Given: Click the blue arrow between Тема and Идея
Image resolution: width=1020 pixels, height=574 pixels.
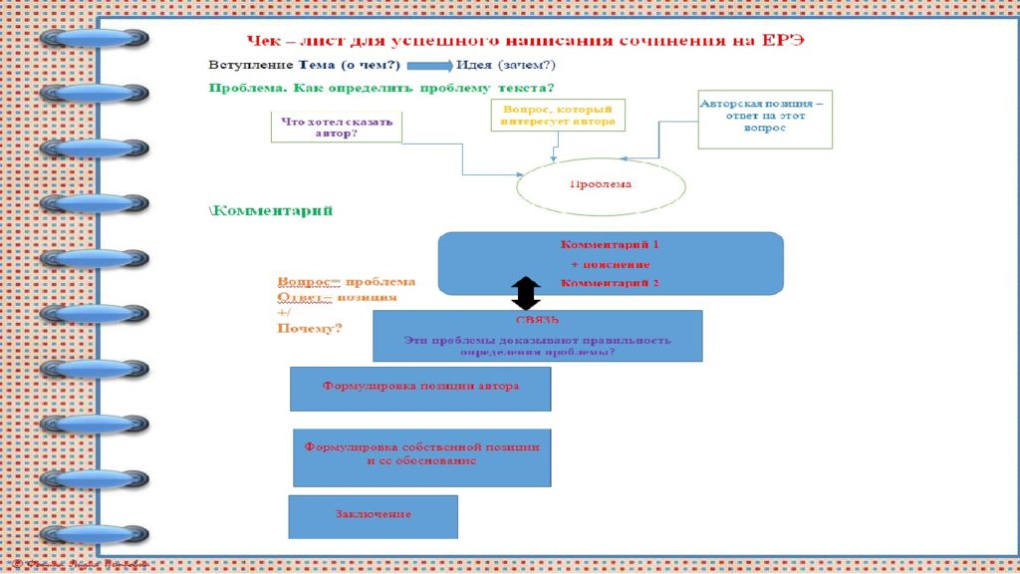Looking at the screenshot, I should tap(428, 66).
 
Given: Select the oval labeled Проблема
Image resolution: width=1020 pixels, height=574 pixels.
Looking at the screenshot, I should tap(601, 184).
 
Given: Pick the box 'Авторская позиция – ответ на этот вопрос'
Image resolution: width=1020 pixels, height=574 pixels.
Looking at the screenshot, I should tap(764, 120).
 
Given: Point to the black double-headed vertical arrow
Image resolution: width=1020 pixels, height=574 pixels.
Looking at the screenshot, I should tap(526, 293).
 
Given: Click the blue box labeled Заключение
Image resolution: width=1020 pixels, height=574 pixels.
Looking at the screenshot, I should tap(373, 515).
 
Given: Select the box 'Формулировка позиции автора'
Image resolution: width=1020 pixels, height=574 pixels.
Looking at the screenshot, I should tap(420, 388).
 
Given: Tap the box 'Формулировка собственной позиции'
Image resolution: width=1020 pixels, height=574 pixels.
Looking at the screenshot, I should tap(422, 457).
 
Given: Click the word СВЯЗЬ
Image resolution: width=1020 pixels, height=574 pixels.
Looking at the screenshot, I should tap(538, 321).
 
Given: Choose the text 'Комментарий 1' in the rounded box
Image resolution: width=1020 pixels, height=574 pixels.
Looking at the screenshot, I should tap(610, 244).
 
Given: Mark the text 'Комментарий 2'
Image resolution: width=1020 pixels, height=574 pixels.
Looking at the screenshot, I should tap(610, 283).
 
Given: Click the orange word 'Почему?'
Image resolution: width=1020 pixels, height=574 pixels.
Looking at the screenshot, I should tap(309, 328).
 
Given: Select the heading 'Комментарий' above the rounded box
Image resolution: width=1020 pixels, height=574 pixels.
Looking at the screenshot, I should tap(271, 211).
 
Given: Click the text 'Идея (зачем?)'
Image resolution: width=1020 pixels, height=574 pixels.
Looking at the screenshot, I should tap(506, 66).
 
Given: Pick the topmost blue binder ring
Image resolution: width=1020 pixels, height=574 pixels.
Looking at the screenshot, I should tap(96, 38).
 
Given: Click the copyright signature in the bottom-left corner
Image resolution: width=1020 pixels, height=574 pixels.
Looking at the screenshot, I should tap(75, 565).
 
